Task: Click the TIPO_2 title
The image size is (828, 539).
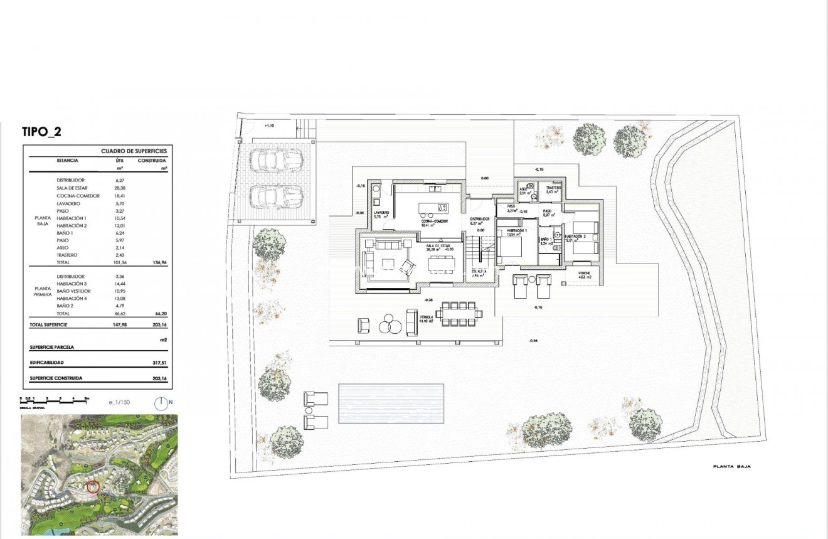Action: pyautogui.click(x=41, y=132)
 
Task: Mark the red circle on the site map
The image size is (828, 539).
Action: pyautogui.click(x=92, y=487)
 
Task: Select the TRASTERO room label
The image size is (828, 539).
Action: pyautogui.click(x=553, y=189)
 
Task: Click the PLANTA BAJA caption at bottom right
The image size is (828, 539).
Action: pyautogui.click(x=731, y=467)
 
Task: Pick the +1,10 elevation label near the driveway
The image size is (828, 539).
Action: pyautogui.click(x=270, y=126)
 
